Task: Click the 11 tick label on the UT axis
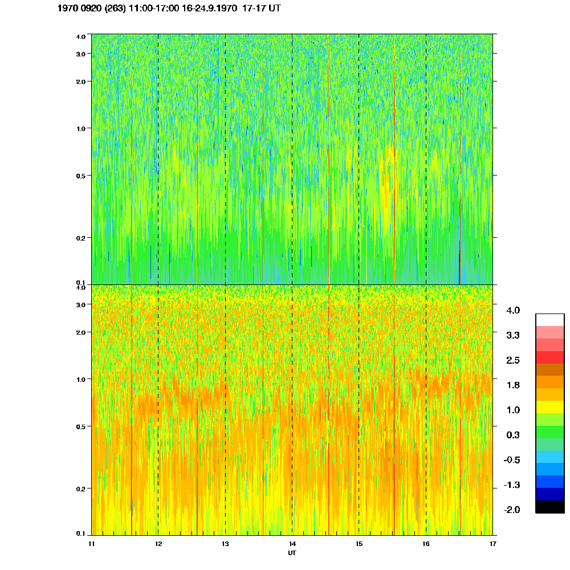click(x=91, y=544)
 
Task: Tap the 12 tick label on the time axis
click(x=158, y=544)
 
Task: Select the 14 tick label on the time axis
click(x=292, y=544)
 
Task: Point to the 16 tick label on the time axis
click(x=426, y=544)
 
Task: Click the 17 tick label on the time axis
click(x=492, y=544)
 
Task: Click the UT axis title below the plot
click(x=292, y=553)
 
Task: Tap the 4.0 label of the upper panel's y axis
click(x=80, y=36)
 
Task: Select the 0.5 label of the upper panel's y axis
click(x=80, y=176)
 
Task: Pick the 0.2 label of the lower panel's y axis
click(x=80, y=488)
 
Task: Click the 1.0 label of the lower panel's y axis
click(x=80, y=379)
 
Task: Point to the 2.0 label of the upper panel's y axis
click(x=80, y=82)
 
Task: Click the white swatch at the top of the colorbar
click(x=549, y=320)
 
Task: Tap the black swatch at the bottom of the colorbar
click(x=549, y=507)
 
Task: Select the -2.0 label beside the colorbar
click(x=512, y=510)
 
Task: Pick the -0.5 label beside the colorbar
click(x=512, y=460)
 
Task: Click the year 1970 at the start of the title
click(x=69, y=9)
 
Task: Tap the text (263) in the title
click(x=116, y=9)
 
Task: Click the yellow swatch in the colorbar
click(x=549, y=407)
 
